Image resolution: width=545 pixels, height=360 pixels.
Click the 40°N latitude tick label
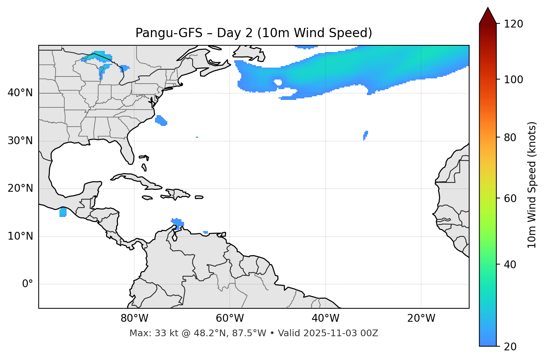20,93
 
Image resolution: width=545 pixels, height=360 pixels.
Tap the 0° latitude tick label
28,284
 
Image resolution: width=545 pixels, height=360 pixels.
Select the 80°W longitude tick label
134,318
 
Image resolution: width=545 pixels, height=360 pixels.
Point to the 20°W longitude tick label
421,318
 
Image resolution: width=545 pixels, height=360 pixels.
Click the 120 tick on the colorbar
513,24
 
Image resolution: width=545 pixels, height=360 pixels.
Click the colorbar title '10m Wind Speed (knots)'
532,185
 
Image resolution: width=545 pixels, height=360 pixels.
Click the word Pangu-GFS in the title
169,33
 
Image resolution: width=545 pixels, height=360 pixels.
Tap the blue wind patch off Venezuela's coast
178,223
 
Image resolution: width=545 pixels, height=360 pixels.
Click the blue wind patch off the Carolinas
161,120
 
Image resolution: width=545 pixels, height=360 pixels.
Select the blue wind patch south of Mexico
63,213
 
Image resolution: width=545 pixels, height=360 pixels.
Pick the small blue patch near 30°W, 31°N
365,135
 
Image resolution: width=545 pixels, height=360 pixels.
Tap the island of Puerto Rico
199,197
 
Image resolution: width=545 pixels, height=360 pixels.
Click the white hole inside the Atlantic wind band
278,82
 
